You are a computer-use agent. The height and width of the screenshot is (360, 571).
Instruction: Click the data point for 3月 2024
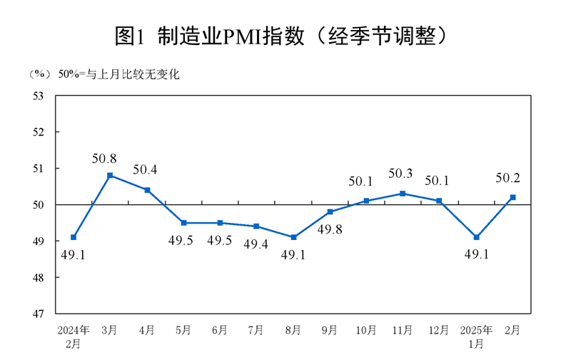tap(110, 175)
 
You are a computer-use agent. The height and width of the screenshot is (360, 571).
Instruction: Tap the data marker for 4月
tap(147, 190)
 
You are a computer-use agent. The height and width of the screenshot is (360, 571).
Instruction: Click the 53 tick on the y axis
tap(39, 96)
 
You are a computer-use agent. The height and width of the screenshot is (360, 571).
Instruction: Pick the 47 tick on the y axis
tap(39, 314)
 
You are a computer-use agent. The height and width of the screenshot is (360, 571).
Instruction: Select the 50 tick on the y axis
tap(39, 205)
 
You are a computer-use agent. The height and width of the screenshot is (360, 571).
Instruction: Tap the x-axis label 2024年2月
tap(74, 336)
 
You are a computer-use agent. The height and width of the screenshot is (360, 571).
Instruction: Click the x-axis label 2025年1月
tap(476, 336)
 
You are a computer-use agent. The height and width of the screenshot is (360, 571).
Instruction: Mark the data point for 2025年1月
tap(476, 237)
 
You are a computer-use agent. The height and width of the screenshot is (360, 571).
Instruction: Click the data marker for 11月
tap(403, 194)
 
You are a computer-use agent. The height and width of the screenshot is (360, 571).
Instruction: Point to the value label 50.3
tap(401, 174)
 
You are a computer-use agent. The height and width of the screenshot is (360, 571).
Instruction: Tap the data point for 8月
tap(293, 237)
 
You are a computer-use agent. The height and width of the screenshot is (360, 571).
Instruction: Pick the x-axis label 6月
tap(220, 330)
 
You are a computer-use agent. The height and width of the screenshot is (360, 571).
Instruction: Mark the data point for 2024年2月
tap(74, 237)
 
